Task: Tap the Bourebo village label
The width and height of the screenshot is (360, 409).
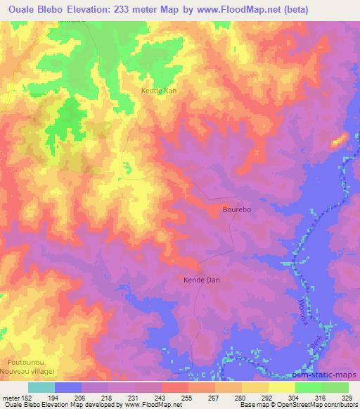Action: [x=236, y=209]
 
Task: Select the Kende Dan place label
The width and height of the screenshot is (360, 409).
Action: [x=202, y=280]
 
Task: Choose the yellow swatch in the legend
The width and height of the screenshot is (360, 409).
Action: [x=281, y=387]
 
